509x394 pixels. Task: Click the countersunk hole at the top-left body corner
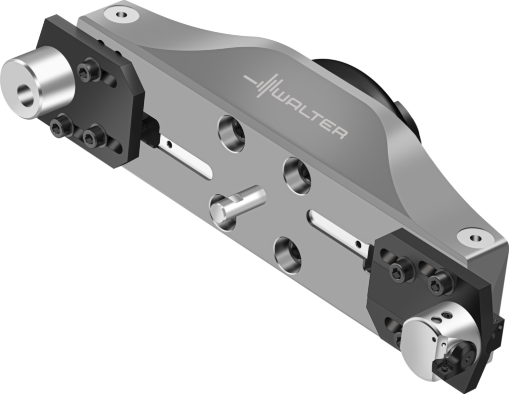click(120, 14)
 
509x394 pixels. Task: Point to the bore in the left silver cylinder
click(25, 95)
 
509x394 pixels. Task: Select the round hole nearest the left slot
click(232, 133)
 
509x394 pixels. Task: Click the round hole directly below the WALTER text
click(297, 175)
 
